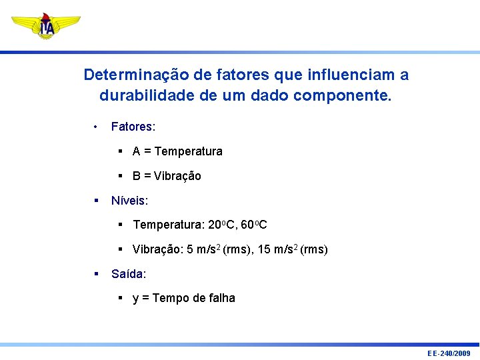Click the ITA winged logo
pyautogui.click(x=46, y=26)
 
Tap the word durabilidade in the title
pyautogui.click(x=147, y=95)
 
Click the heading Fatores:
pyautogui.click(x=133, y=127)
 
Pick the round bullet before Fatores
pyautogui.click(x=97, y=127)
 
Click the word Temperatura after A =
pyautogui.click(x=189, y=151)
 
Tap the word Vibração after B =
pyautogui.click(x=177, y=176)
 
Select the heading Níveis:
pyautogui.click(x=130, y=200)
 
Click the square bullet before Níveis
pyautogui.click(x=97, y=200)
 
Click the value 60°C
pyautogui.click(x=254, y=225)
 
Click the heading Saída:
pyautogui.click(x=129, y=273)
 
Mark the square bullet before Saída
pyautogui.click(x=97, y=273)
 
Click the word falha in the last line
pyautogui.click(x=220, y=298)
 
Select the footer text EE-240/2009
pyautogui.click(x=449, y=353)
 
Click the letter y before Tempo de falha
pyautogui.click(x=136, y=299)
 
